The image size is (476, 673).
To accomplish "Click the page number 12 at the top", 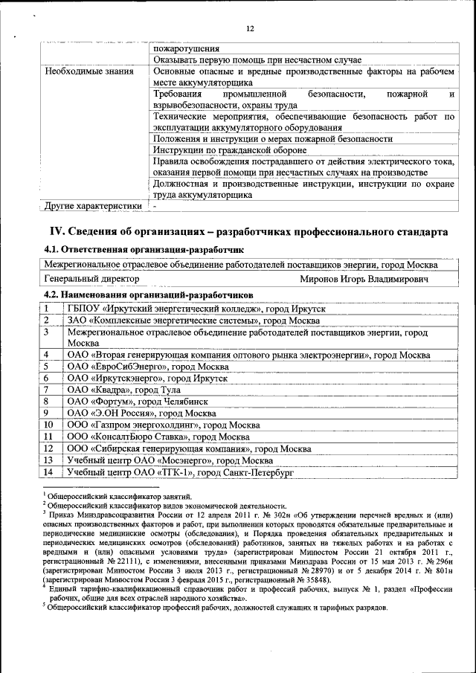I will tap(250, 29).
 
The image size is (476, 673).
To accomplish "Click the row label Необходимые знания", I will tap(89, 72).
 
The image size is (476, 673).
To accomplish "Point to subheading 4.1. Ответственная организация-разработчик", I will tap(144, 249).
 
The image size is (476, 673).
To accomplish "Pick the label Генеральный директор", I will tap(91, 280).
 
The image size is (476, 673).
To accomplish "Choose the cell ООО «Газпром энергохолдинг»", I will tap(163, 425).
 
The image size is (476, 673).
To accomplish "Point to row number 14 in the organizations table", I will tap(48, 472).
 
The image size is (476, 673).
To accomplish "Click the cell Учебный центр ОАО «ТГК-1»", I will tap(181, 472).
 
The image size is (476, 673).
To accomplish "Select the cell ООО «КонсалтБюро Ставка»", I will tap(158, 437).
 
